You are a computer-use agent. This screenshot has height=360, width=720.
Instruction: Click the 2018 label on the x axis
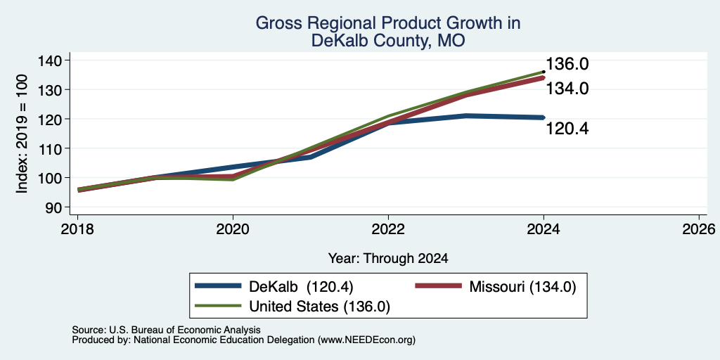[77, 229]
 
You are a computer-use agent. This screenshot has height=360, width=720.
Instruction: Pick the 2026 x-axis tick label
[699, 229]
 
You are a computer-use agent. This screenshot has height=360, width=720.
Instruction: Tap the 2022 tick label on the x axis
[388, 229]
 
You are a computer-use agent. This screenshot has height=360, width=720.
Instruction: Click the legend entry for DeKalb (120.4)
[274, 287]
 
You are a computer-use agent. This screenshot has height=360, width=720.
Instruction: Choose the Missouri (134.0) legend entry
[495, 287]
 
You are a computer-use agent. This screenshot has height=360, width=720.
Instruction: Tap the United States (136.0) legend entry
[292, 307]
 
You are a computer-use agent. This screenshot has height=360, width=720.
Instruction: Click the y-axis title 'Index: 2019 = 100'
[22, 134]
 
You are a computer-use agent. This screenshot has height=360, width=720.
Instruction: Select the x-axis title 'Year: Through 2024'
[388, 259]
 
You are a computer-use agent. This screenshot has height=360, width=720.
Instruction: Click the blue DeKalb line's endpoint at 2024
[544, 117]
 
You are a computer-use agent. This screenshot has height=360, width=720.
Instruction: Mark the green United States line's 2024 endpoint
[544, 72]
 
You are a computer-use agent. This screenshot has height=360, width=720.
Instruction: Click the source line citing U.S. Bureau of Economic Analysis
[166, 330]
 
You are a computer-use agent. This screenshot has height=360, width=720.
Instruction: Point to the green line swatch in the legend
[218, 306]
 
